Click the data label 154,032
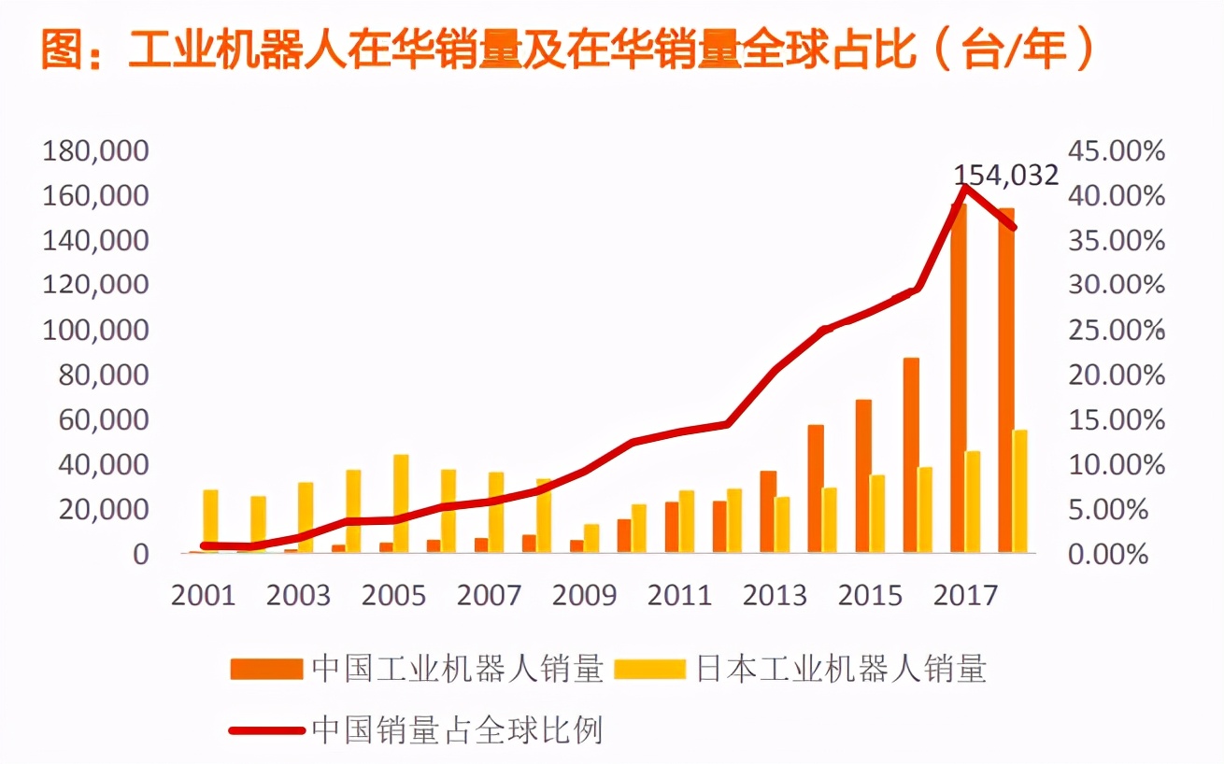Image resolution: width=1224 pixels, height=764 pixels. [x=1005, y=175]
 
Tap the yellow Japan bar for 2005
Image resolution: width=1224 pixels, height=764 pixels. [x=401, y=503]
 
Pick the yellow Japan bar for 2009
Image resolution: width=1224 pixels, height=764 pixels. [x=591, y=539]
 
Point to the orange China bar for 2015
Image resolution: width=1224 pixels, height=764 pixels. [x=863, y=476]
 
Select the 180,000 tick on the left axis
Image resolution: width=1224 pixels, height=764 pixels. [x=96, y=151]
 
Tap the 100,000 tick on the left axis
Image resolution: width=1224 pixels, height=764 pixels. [x=96, y=331]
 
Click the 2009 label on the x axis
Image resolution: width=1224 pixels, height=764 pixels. [x=584, y=596]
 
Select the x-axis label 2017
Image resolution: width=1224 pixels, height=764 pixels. [x=965, y=596]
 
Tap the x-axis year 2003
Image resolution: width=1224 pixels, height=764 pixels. [x=298, y=596]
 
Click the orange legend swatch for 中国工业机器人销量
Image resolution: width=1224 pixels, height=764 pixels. [x=267, y=669]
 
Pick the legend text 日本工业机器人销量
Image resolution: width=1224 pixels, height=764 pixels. [x=841, y=669]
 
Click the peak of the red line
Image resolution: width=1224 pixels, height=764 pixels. [x=966, y=188]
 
